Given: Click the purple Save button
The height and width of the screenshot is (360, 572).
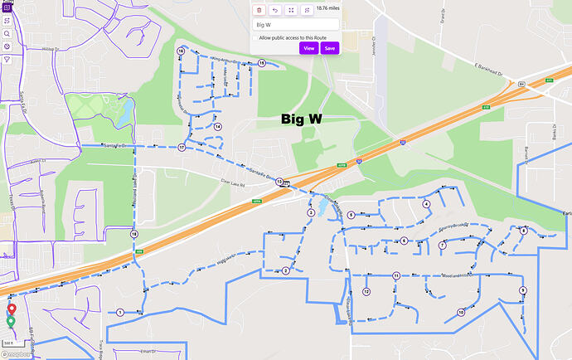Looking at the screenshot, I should (x=330, y=48).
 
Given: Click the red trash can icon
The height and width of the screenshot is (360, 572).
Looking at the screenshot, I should (x=259, y=10).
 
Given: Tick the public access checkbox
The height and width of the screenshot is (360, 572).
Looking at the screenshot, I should (x=254, y=37).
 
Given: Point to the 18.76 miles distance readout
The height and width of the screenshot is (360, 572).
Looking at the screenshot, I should (x=328, y=9).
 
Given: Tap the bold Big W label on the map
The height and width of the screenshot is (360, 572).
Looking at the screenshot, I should (x=301, y=119).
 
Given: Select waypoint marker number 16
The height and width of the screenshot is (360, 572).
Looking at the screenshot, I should (x=180, y=51).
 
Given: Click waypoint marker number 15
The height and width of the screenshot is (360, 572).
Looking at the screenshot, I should (x=261, y=63).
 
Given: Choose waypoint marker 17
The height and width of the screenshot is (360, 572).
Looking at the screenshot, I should (x=181, y=148).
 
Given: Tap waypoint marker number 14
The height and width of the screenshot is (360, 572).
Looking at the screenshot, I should (x=217, y=127).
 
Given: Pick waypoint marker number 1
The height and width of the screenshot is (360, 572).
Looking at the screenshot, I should (x=120, y=312).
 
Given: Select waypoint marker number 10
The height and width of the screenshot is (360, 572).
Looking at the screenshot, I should (x=461, y=312).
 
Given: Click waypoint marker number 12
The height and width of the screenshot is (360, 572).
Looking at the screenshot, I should (x=366, y=291).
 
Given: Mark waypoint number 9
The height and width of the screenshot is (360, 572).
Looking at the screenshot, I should (x=523, y=289).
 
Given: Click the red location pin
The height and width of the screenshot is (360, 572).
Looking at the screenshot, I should (x=11, y=309).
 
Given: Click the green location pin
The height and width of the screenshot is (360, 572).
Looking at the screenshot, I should (x=11, y=321).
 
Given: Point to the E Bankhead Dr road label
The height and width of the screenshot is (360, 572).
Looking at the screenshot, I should (x=489, y=69).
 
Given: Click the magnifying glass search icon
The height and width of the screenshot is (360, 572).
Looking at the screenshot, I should (x=6, y=33).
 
